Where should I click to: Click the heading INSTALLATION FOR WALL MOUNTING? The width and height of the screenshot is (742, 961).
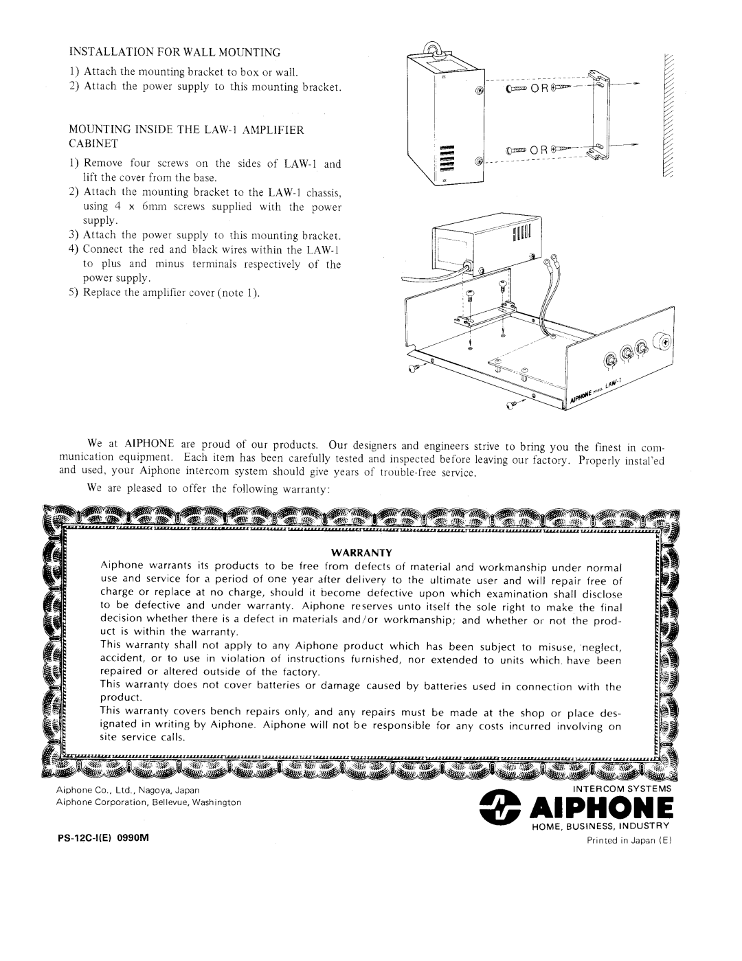[175, 52]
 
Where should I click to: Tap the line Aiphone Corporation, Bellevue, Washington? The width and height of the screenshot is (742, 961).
[148, 802]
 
